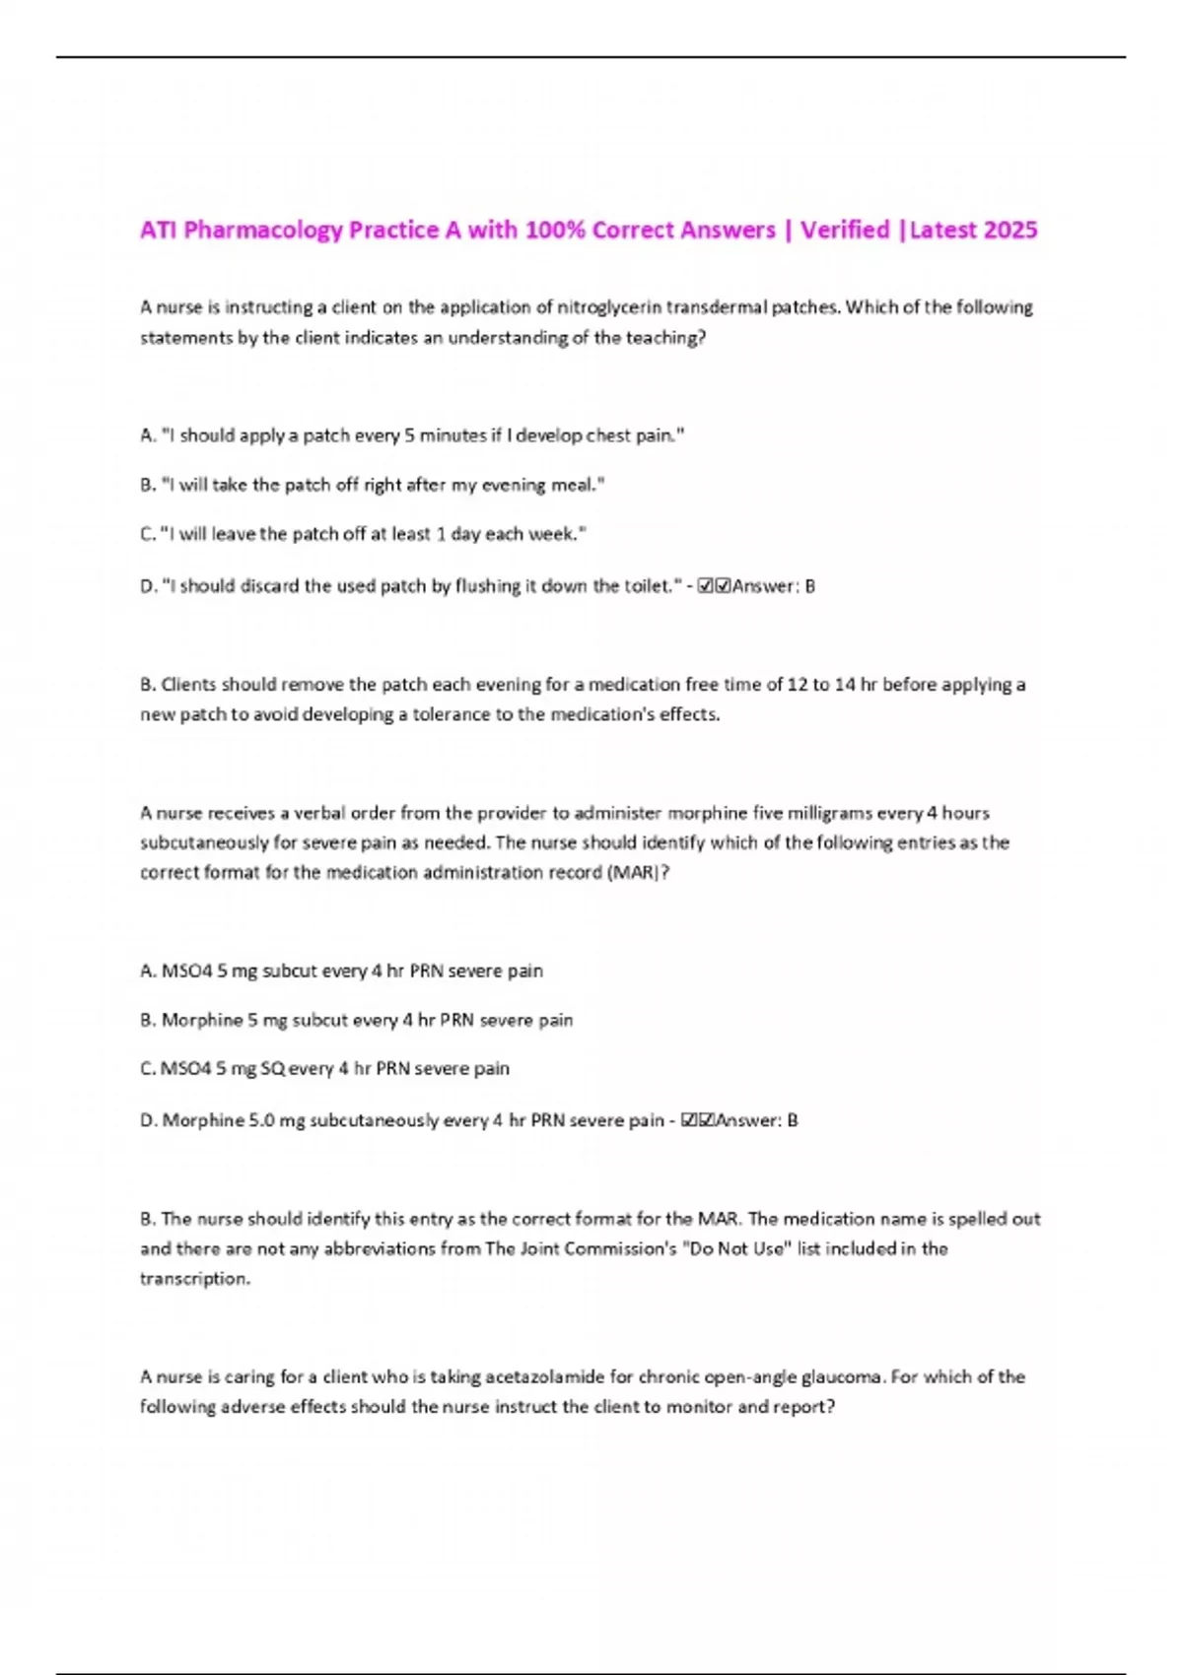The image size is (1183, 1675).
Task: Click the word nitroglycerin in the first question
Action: [x=609, y=307]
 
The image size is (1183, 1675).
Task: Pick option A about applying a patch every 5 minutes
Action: [x=412, y=435]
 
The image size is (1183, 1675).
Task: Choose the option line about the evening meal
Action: [x=373, y=485]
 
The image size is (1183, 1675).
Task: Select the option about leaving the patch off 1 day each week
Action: [x=363, y=534]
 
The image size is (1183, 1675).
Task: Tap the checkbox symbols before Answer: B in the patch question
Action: [x=714, y=586]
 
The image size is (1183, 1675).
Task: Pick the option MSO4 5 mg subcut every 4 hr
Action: [x=341, y=971]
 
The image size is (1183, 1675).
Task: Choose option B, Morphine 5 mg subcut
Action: [x=356, y=1021]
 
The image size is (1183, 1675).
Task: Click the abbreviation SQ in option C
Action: [x=272, y=1069]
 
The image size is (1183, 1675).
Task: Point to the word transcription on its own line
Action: [x=194, y=1279]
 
